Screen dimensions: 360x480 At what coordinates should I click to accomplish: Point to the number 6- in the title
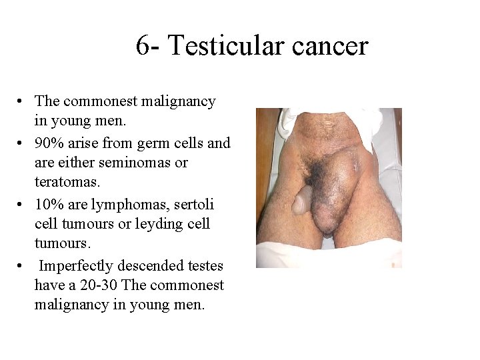click(x=148, y=46)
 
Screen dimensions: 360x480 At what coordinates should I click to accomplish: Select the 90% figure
click(x=48, y=143)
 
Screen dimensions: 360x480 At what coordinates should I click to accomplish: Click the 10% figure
click(x=48, y=203)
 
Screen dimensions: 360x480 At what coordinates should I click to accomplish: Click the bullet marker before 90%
click(x=22, y=143)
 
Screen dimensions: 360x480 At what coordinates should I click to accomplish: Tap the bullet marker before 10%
click(x=22, y=204)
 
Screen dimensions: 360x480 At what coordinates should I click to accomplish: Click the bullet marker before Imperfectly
click(x=22, y=266)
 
